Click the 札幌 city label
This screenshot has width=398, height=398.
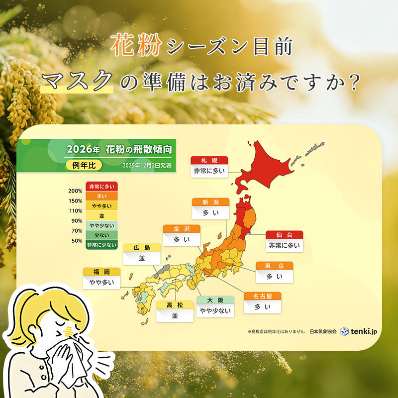[x=209, y=160]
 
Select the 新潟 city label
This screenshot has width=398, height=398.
[x=211, y=202]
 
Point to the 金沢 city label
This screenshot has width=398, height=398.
[x=182, y=229]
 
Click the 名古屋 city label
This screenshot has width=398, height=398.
[x=262, y=296]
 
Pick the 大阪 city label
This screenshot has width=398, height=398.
[x=215, y=300]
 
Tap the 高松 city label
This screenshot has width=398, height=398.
[x=175, y=304]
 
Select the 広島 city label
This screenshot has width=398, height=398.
[x=142, y=247]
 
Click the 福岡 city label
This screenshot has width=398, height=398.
[x=101, y=272]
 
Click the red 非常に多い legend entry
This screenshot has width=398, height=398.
[x=101, y=187]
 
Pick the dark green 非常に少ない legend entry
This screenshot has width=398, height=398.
[x=101, y=244]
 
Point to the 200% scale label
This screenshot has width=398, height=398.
[x=76, y=191]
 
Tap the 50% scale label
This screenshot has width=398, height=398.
[x=77, y=240]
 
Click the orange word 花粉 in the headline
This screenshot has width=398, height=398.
[x=136, y=46]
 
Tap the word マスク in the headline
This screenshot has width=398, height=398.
[x=78, y=81]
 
